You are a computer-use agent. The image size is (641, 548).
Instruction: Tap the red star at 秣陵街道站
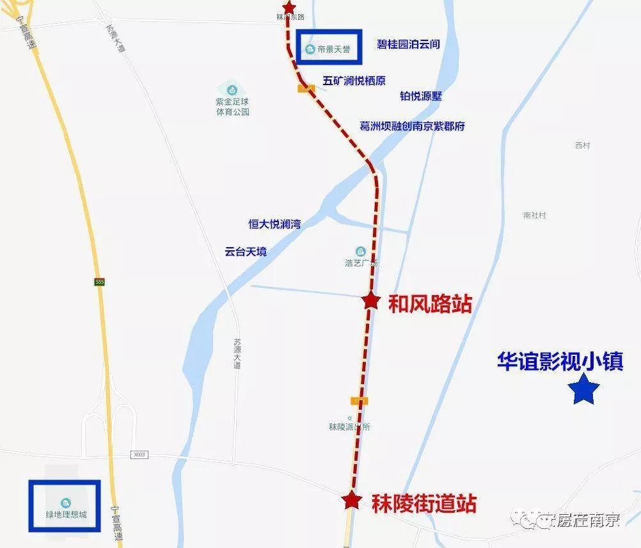point(350,500)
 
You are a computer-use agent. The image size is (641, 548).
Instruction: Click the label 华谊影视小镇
point(560,360)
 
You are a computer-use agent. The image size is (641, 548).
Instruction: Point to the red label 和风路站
point(430,303)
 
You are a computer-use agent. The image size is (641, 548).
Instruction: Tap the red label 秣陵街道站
point(424,503)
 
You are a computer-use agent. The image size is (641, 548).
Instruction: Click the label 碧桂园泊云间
point(408,45)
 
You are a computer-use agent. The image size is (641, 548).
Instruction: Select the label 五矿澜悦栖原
point(354,81)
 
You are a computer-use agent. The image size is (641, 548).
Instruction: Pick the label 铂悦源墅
point(421,96)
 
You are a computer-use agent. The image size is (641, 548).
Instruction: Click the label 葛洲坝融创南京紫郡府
point(413,126)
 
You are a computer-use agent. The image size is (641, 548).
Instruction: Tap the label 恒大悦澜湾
point(274,224)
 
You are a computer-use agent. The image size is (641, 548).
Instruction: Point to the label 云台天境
point(246,252)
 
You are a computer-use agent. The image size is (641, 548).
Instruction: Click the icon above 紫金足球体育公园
point(232,88)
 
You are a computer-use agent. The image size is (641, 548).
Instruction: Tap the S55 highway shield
point(99,281)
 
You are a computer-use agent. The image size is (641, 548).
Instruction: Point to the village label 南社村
point(534,216)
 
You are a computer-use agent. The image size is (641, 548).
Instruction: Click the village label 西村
point(582,145)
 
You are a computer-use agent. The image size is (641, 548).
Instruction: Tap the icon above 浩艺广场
point(361,250)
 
